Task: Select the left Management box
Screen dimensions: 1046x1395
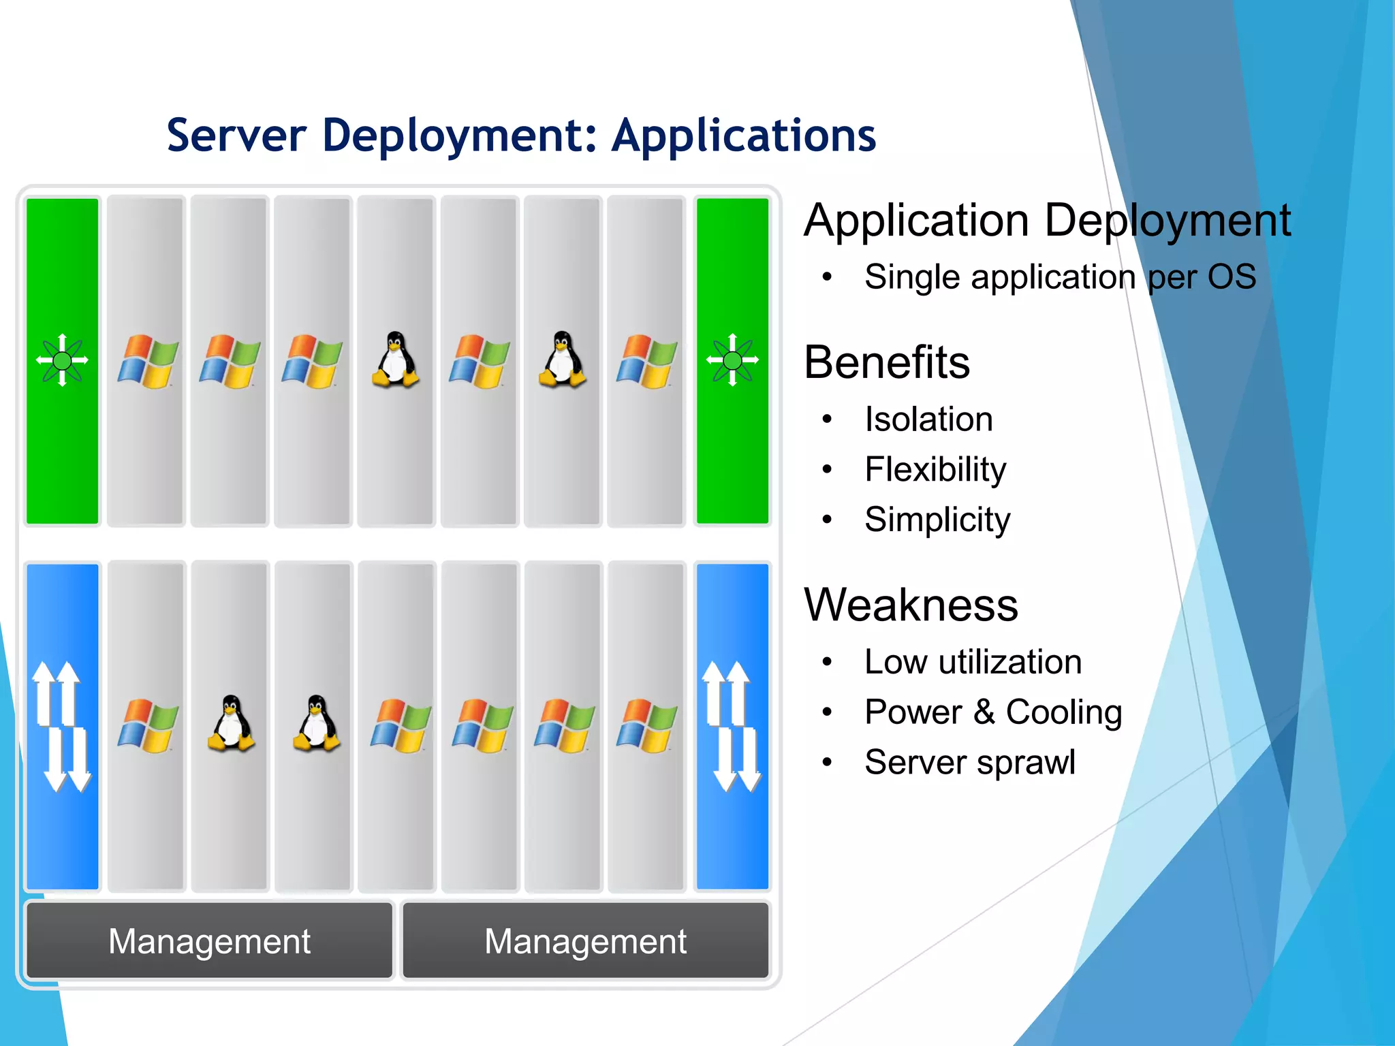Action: click(209, 941)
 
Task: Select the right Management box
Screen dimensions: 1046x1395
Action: click(585, 941)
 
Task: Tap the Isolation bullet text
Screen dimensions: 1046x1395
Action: click(928, 419)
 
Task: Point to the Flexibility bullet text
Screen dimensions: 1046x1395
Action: click(935, 469)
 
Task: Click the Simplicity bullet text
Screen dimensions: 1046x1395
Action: click(937, 520)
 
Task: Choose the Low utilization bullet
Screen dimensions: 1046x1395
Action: click(973, 662)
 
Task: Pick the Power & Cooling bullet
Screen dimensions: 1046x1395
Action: click(993, 712)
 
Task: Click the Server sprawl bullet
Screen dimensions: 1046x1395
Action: click(969, 762)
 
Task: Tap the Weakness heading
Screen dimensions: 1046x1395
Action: click(911, 605)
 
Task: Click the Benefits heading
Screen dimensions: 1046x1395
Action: click(886, 362)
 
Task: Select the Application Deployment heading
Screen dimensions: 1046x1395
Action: click(1047, 221)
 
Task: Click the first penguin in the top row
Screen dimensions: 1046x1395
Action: click(395, 360)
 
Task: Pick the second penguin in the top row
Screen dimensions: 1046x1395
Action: click(562, 360)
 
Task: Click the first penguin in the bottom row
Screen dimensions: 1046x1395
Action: click(231, 723)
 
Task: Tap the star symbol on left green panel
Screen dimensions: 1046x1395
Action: click(62, 360)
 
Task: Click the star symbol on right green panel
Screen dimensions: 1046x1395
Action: click(732, 360)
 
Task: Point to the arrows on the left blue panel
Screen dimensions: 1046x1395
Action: click(62, 727)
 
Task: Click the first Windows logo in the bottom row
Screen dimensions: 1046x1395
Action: click(147, 725)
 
